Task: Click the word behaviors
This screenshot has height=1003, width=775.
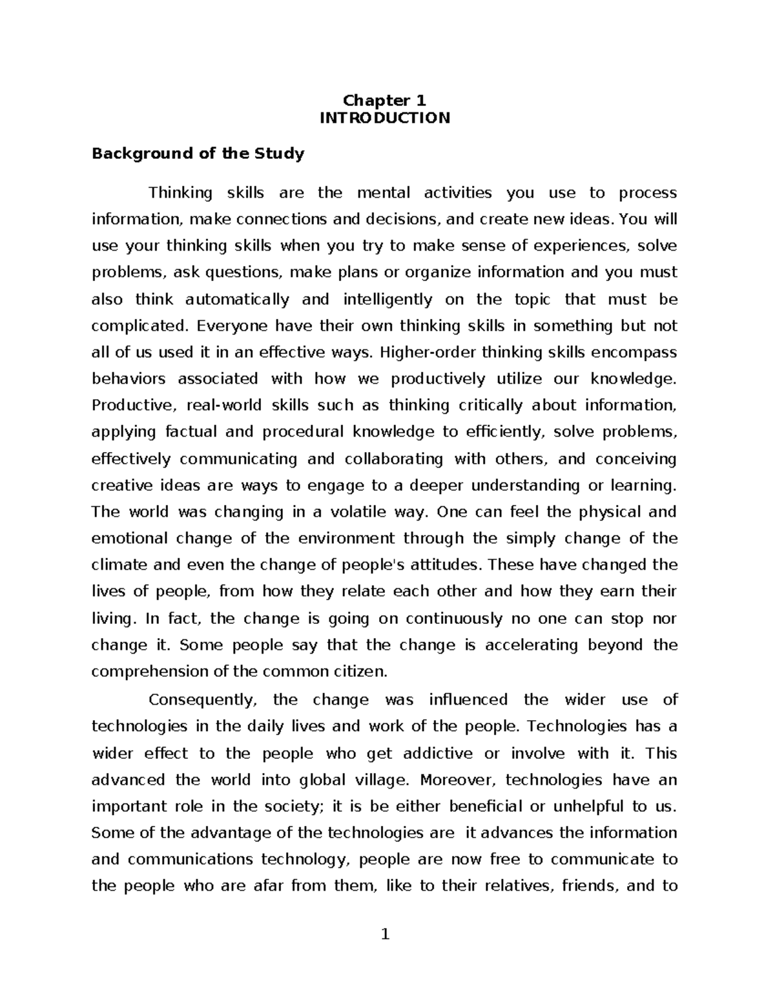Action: (129, 379)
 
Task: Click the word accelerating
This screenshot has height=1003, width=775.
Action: (531, 645)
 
